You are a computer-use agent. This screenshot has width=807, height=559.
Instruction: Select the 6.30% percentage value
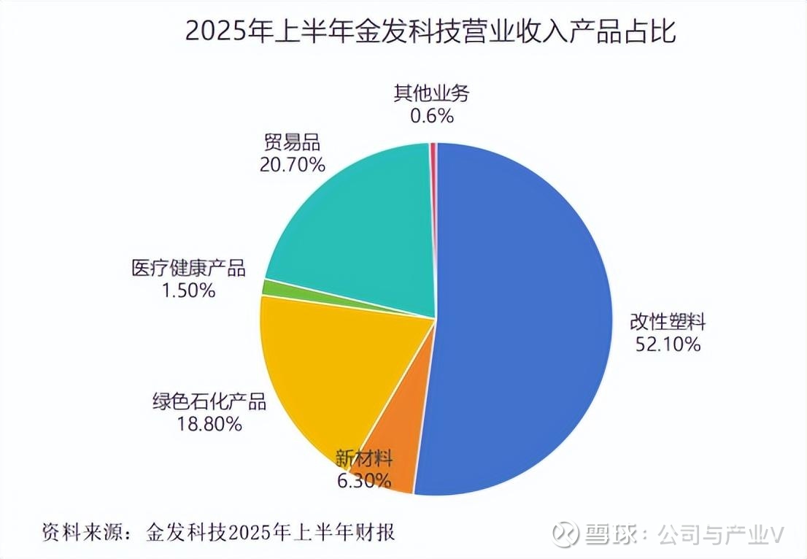[x=363, y=481]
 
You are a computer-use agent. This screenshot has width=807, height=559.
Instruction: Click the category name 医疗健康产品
[x=189, y=268]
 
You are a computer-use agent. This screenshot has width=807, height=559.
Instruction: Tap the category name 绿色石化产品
[x=209, y=401]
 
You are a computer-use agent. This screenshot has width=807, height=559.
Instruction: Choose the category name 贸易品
[x=291, y=142]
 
